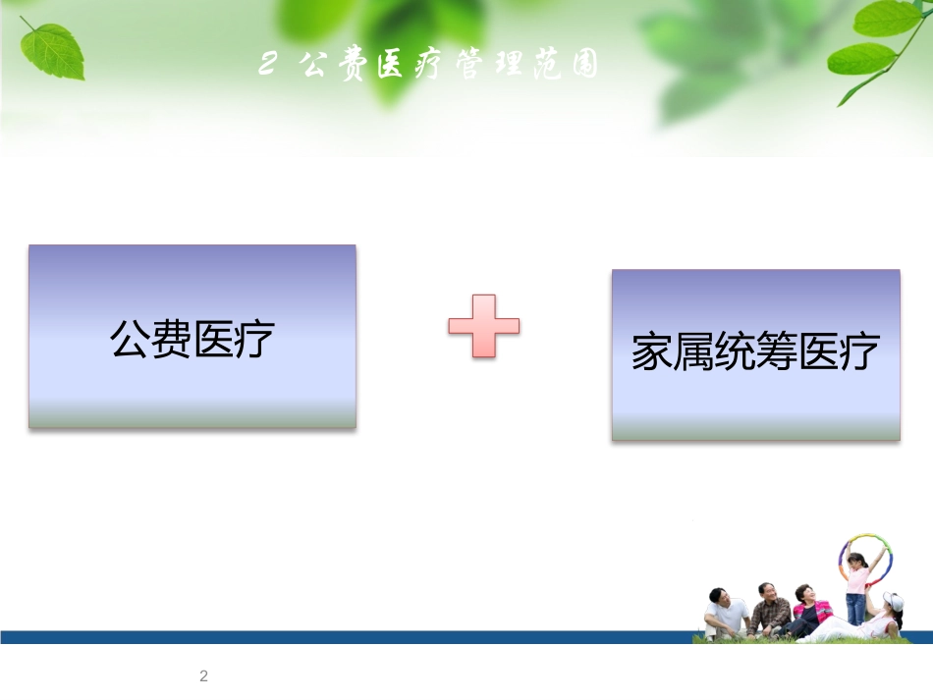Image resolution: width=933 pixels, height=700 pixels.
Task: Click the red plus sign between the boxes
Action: pos(483,323)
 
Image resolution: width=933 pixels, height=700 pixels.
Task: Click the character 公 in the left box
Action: pos(130,340)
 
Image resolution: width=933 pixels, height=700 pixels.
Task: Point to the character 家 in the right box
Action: pos(651,353)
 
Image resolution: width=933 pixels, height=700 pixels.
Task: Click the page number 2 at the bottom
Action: pos(203,675)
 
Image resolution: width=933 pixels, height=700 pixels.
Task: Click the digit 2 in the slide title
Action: pos(267,67)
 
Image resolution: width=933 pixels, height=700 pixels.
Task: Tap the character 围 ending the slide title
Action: pos(583,67)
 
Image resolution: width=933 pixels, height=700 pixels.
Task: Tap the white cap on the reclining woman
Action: pos(894,600)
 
